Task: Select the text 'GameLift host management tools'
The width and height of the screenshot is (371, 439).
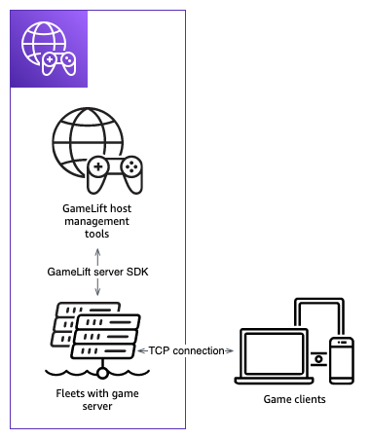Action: (x=95, y=222)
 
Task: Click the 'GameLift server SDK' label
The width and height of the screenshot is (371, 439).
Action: (x=95, y=271)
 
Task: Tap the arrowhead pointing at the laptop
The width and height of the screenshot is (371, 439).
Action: (x=229, y=349)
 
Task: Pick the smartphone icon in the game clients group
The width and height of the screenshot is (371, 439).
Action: (x=341, y=360)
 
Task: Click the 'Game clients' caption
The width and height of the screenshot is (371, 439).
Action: (x=294, y=400)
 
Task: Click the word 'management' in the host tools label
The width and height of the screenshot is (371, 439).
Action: (x=95, y=221)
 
